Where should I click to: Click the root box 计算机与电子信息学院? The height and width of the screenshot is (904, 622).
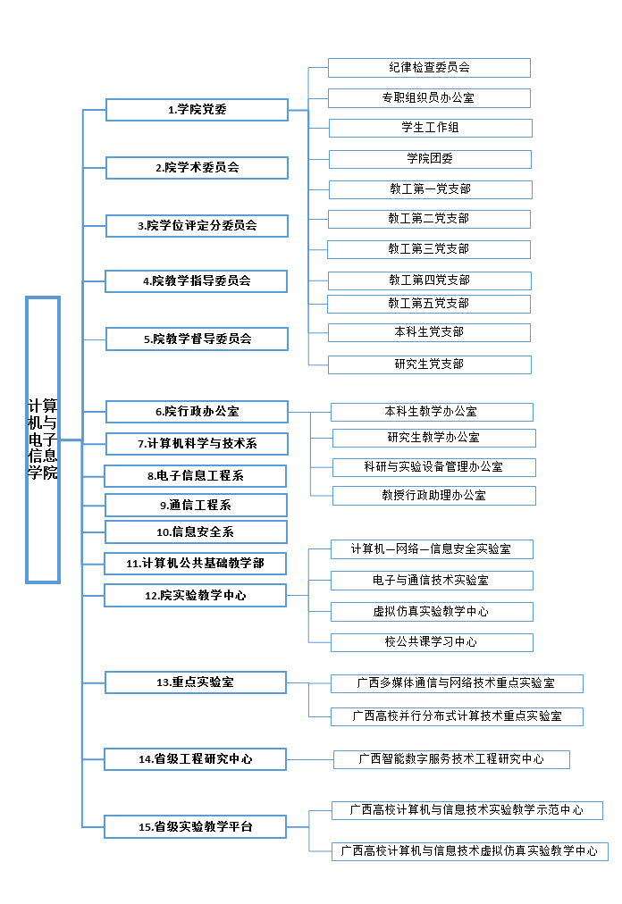tap(43, 439)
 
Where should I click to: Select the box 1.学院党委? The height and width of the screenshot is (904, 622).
tap(197, 110)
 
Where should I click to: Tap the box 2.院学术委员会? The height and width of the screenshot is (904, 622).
tap(197, 167)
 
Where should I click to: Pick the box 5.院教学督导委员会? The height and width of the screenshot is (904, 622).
tap(197, 339)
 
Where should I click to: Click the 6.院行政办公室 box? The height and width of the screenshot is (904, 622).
tap(197, 412)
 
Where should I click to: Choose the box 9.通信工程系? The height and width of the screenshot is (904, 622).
tap(197, 505)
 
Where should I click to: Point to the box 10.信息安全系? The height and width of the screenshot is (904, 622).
tap(197, 532)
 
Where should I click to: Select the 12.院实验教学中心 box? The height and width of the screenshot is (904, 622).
tap(196, 595)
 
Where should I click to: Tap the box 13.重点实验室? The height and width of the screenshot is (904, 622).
tap(196, 682)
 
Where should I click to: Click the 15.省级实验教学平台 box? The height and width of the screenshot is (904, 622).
tap(196, 827)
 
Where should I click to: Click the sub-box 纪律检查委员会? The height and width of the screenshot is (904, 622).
tap(429, 68)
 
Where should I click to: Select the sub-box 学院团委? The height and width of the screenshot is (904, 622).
tap(430, 159)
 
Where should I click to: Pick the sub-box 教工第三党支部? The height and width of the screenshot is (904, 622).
tap(429, 249)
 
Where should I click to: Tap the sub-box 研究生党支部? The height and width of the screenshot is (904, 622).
tap(430, 364)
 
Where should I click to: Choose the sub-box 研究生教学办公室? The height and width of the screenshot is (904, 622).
tap(433, 438)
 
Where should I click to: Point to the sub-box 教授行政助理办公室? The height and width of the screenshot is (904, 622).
tap(433, 495)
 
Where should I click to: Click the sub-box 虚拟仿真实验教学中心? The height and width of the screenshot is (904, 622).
tap(432, 612)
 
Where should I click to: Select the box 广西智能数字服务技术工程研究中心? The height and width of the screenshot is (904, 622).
tap(451, 759)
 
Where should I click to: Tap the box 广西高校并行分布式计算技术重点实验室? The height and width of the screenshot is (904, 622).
tap(457, 716)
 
